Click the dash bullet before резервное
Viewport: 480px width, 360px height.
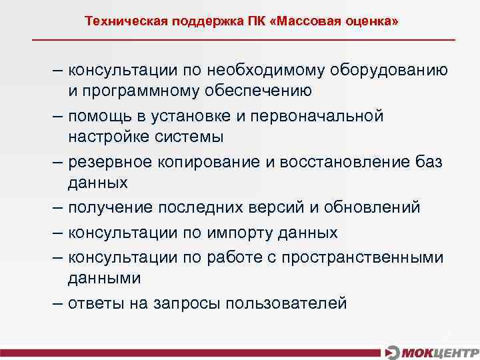pos(58,161)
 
